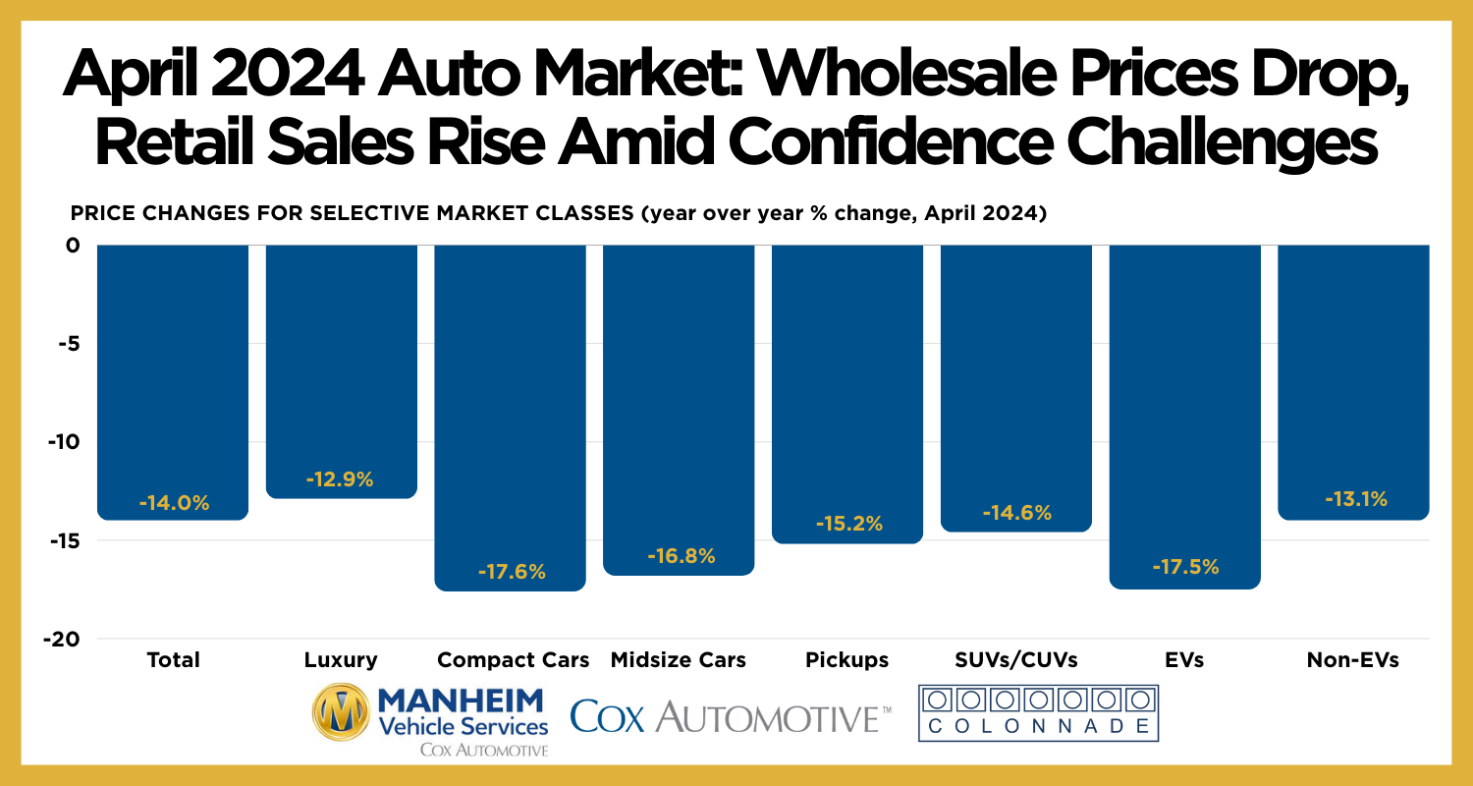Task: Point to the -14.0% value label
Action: point(174,503)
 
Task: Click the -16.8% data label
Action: point(681,556)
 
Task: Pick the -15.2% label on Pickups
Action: point(848,524)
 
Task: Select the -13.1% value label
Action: point(1353,499)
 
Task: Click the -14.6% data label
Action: point(1016,512)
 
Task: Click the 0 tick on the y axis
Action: point(73,246)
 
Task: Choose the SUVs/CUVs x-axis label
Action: point(1016,659)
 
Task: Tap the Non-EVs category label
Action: point(1352,659)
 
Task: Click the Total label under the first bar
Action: point(173,659)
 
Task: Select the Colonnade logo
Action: point(1038,713)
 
